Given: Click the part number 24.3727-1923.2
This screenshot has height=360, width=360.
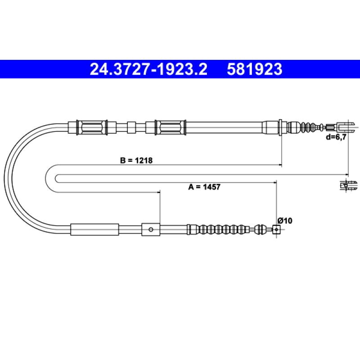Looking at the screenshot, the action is tap(148, 69).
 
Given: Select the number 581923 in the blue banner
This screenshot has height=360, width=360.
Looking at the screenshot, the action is tap(254, 69).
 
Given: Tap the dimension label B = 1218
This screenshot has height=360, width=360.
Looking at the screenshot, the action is tap(136, 160).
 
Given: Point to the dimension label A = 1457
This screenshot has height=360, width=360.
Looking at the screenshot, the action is tap(204, 187).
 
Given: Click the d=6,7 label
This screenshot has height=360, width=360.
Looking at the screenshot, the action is tap(336, 137).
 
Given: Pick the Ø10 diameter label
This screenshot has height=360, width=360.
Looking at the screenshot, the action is tap(285, 220).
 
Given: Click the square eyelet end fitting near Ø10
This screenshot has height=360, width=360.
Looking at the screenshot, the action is tap(276, 229).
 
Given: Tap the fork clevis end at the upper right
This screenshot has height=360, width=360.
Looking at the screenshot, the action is tap(344, 127).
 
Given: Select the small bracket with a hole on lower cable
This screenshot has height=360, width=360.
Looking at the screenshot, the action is tap(151, 229).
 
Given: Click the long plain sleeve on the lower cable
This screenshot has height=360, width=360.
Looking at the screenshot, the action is tap(94, 229).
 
